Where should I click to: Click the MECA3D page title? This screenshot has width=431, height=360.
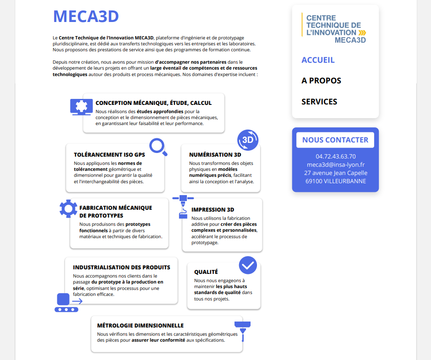pyautogui.click(x=86, y=16)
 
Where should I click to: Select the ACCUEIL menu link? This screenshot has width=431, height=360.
pyautogui.click(x=318, y=60)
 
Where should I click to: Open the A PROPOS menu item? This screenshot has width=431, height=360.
pyautogui.click(x=321, y=81)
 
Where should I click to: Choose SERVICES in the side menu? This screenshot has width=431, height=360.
pyautogui.click(x=319, y=102)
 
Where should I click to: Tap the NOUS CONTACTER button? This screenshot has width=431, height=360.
pyautogui.click(x=335, y=140)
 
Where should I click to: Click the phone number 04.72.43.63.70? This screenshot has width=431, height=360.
pyautogui.click(x=335, y=156)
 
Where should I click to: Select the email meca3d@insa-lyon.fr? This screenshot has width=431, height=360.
pyautogui.click(x=335, y=164)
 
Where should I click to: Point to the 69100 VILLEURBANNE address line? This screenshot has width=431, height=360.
pyautogui.click(x=335, y=181)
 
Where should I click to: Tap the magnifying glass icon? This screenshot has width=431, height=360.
pyautogui.click(x=158, y=147)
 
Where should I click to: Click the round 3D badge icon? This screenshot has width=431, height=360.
pyautogui.click(x=248, y=140)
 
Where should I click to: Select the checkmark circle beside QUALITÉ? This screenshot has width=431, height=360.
pyautogui.click(x=248, y=265)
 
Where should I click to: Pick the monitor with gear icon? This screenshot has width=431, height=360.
pyautogui.click(x=81, y=107)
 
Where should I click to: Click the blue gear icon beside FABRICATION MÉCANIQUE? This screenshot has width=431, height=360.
pyautogui.click(x=69, y=209)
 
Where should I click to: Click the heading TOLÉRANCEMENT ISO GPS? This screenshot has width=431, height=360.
pyautogui.click(x=109, y=155)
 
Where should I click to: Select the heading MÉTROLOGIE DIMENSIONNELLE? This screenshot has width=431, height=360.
pyautogui.click(x=140, y=326)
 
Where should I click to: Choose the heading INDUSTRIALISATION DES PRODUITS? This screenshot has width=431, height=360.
pyautogui.click(x=121, y=267)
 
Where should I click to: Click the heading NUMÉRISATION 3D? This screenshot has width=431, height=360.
pyautogui.click(x=215, y=155)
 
